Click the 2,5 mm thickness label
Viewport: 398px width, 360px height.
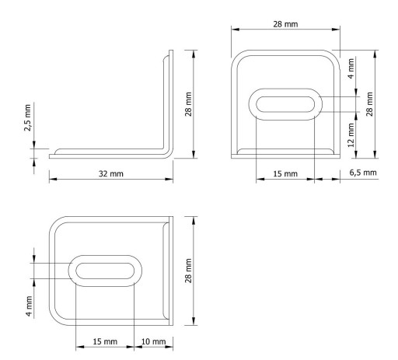pyautogui.click(x=27, y=117)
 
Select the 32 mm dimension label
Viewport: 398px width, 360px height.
pyautogui.click(x=111, y=173)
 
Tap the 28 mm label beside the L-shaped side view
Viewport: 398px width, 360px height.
pyautogui.click(x=188, y=104)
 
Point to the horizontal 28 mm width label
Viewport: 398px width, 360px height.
pyautogui.click(x=285, y=24)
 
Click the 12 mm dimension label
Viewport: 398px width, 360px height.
pyautogui.click(x=351, y=135)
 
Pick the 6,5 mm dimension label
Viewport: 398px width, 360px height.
pyautogui.click(x=363, y=173)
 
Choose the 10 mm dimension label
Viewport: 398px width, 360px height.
pyautogui.click(x=153, y=341)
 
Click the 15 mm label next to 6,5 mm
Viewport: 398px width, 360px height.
pyautogui.click(x=285, y=173)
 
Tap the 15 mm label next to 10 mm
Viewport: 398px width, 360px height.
pyautogui.click(x=105, y=341)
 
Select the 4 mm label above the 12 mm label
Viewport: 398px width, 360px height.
pyautogui.click(x=351, y=68)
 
